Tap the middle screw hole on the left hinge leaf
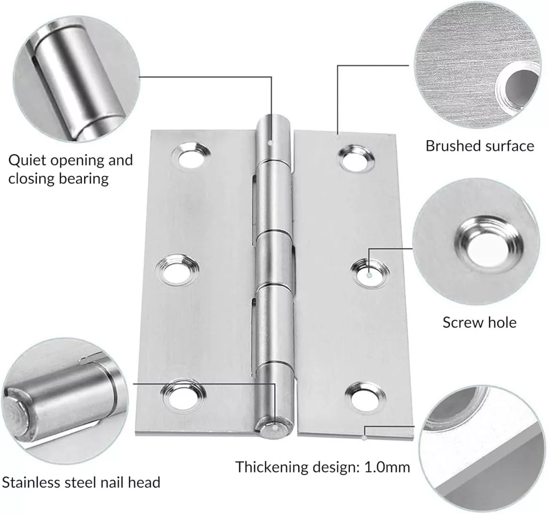[x=177, y=269]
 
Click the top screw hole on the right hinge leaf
[x=356, y=159]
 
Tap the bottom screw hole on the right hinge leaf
[x=366, y=397]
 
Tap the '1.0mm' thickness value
[x=387, y=467]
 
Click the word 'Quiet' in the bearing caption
[x=28, y=160]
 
